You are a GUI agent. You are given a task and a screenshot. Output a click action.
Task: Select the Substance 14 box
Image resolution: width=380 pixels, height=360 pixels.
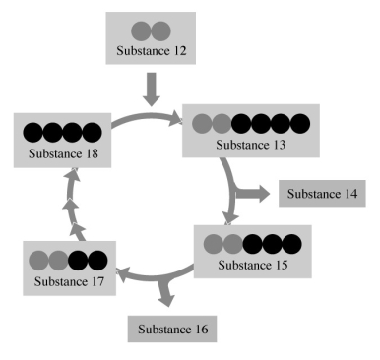pos(322,193)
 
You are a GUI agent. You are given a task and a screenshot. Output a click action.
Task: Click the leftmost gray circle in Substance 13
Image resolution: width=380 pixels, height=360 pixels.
pos(201,124)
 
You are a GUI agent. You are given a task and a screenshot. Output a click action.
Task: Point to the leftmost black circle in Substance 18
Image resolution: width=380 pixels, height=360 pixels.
pos(32,131)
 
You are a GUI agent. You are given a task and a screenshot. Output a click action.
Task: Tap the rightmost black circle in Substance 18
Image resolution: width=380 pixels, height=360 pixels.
pos(90,131)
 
